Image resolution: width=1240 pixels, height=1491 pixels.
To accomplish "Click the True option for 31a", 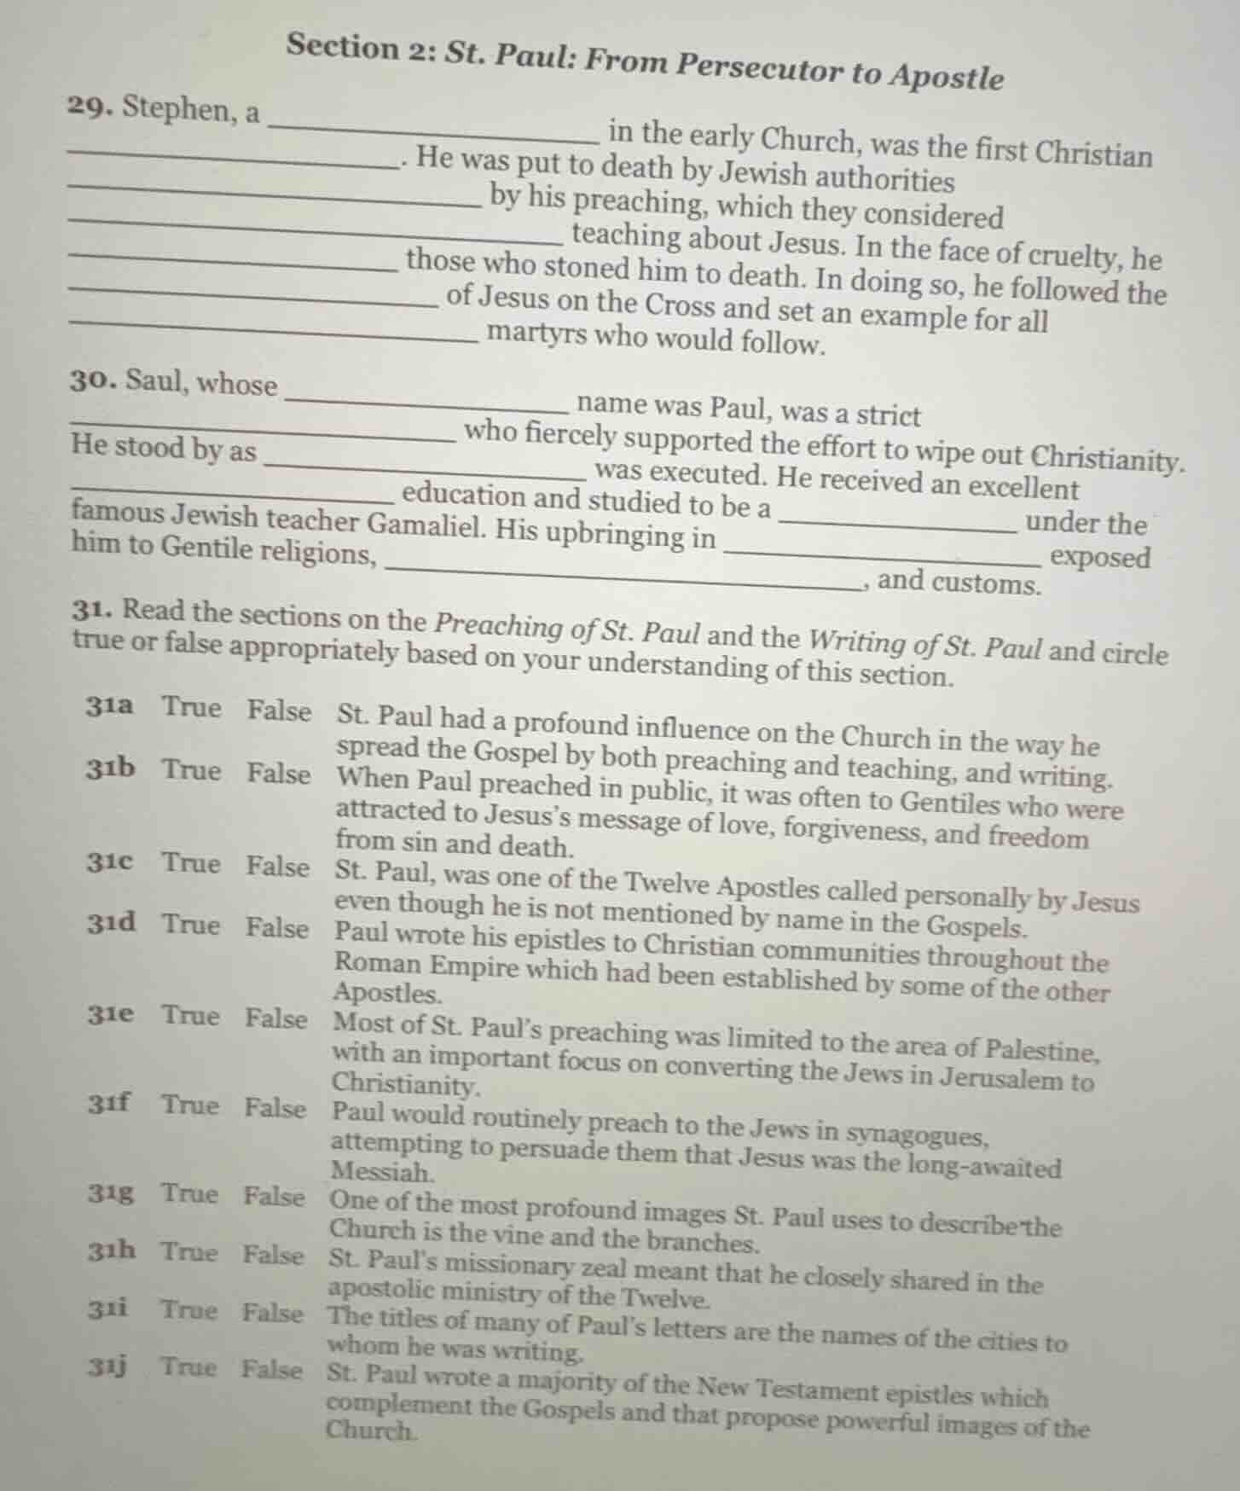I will tap(192, 707).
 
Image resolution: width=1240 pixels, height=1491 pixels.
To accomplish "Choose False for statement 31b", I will tap(279, 774).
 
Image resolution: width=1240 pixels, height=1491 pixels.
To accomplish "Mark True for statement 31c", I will tap(191, 862).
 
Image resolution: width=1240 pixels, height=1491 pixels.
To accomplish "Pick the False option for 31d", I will tap(277, 927).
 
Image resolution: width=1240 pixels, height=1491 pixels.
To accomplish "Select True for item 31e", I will tap(191, 1015).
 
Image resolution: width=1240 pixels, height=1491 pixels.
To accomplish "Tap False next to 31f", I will tap(275, 1107).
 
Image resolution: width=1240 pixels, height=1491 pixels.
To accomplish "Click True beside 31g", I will tap(190, 1193).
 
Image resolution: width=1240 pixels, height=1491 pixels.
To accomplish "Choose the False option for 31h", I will tap(273, 1255).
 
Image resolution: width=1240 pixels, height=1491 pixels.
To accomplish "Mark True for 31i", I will tap(189, 1309).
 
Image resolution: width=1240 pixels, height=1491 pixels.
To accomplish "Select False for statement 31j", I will tap(271, 1370).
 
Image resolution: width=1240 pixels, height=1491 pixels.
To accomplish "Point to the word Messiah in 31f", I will tap(381, 1172).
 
